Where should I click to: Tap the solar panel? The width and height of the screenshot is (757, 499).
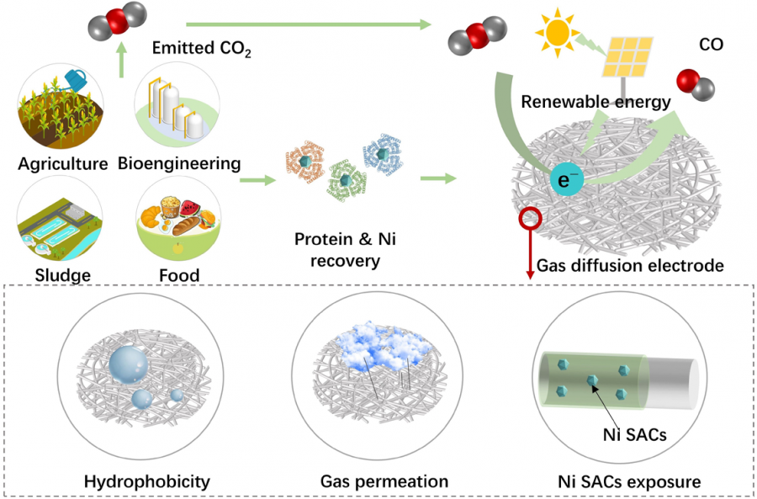[x=627, y=57]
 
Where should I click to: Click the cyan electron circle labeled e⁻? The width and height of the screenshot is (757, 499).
[x=567, y=180]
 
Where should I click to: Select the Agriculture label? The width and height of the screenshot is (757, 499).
[x=63, y=164]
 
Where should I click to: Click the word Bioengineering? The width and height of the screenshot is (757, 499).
[x=179, y=164]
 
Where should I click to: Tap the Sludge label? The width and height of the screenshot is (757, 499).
[x=63, y=275]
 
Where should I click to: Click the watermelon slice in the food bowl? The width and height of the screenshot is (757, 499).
[x=190, y=208]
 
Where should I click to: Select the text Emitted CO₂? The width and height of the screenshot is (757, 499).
[x=201, y=48]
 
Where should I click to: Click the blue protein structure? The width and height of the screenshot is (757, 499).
[x=383, y=154]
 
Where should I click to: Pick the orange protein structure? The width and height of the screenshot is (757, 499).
[x=304, y=162]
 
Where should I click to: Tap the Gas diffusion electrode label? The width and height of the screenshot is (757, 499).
[x=630, y=265]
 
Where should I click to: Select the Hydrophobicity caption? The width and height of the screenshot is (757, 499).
[x=147, y=481]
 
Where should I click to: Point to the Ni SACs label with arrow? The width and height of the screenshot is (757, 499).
[x=634, y=435]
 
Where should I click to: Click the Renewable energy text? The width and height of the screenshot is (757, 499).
[x=596, y=102]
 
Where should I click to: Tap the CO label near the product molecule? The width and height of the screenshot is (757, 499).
[x=711, y=45]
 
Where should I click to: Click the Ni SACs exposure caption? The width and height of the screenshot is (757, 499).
[x=629, y=481]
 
